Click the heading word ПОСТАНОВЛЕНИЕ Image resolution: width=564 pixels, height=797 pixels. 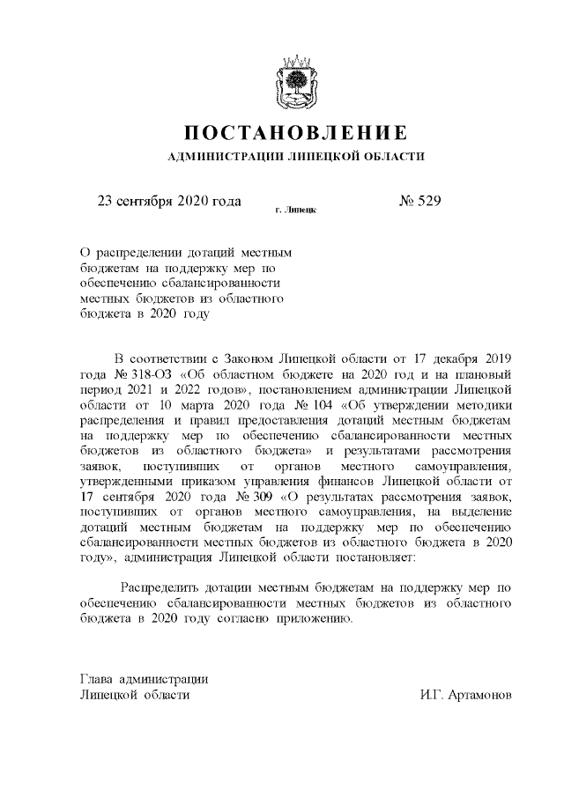click(x=296, y=134)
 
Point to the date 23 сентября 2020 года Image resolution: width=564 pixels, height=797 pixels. click(x=167, y=201)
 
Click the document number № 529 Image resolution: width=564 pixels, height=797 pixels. click(x=419, y=201)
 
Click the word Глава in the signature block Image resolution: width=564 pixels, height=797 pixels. click(x=97, y=679)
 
